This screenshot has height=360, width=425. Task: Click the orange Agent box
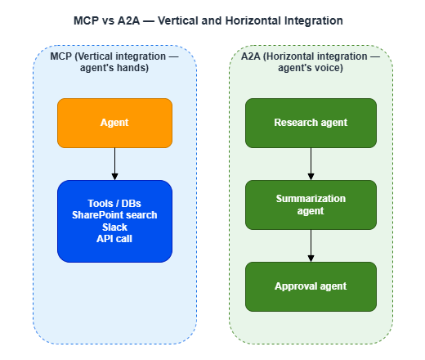click(114, 123)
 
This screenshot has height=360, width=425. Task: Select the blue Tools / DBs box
click(114, 221)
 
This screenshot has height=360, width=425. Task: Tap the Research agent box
click(311, 123)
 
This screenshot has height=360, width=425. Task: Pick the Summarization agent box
click(311, 205)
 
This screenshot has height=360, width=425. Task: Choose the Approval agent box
click(311, 286)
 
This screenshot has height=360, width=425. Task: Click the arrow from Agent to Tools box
click(114, 164)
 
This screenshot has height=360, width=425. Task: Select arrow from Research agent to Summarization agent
click(311, 164)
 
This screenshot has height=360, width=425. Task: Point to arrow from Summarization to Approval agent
click(311, 245)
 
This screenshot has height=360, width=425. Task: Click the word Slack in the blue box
click(114, 227)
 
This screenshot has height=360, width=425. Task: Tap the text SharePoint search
click(114, 215)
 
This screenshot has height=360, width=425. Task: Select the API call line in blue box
click(114, 238)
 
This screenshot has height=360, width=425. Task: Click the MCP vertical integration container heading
click(114, 62)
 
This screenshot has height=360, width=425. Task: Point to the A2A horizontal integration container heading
click(311, 62)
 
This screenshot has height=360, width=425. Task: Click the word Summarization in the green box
click(311, 199)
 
